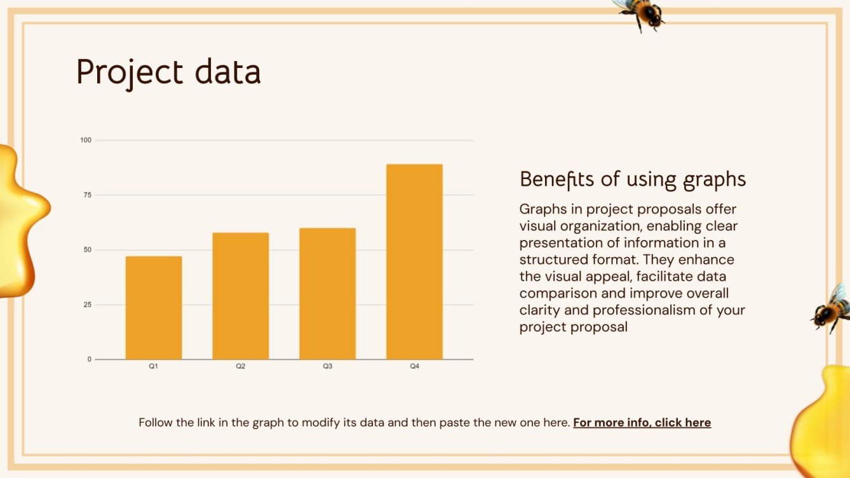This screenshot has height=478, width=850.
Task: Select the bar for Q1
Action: (154, 308)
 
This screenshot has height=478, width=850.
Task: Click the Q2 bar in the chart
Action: (241, 296)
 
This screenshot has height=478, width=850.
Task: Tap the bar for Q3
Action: (327, 294)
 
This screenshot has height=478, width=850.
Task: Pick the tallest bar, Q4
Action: (414, 262)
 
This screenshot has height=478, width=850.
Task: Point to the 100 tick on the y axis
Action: (86, 140)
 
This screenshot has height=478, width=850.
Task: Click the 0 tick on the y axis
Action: (90, 359)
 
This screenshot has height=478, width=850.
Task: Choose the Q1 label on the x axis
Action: (154, 367)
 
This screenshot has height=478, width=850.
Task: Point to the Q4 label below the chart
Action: (414, 367)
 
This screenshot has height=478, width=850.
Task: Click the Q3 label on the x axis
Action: (327, 367)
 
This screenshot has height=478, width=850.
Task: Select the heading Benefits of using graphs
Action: (633, 179)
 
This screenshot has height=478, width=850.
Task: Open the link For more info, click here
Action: (642, 423)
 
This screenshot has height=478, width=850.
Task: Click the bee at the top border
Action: (640, 13)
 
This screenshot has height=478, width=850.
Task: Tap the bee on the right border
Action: (832, 308)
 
